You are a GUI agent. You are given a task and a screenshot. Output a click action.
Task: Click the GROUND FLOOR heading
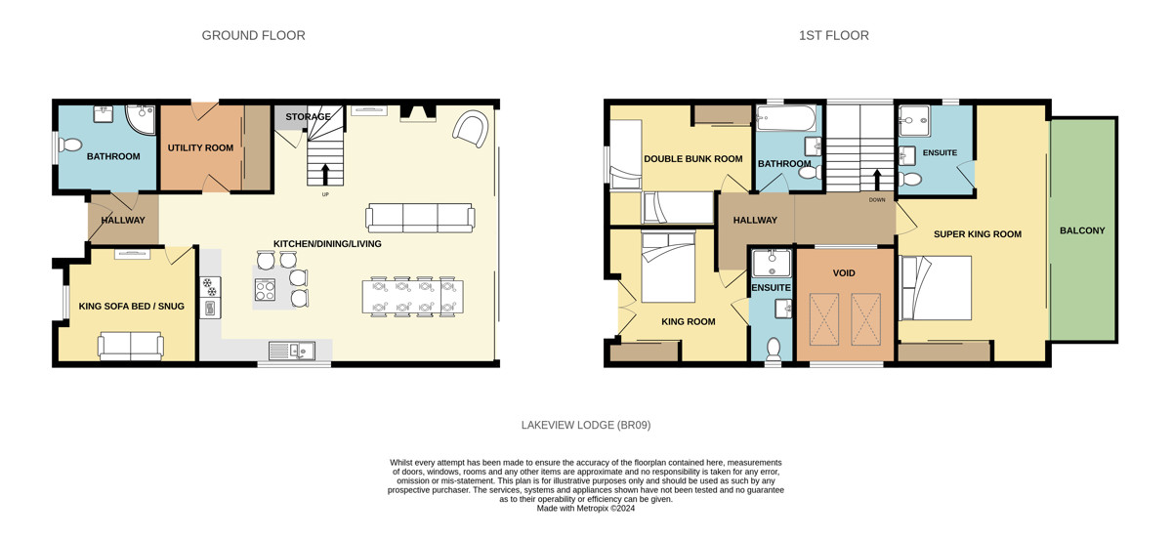point(253,35)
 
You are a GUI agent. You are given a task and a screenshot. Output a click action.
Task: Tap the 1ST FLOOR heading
point(833,35)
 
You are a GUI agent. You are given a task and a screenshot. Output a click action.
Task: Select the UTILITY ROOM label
point(200,148)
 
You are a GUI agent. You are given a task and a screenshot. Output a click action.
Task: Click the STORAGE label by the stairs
point(308,117)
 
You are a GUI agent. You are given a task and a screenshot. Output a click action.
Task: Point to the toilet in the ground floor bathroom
point(69,144)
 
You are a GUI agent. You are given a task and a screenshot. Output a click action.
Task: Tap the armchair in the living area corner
point(471,129)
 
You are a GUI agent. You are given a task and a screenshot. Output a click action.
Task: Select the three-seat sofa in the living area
point(420,218)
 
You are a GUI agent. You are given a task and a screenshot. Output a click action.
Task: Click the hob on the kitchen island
point(265,290)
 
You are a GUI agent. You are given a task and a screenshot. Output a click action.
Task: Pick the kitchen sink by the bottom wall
point(291,351)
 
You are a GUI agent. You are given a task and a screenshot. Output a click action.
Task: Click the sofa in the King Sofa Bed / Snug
point(131,346)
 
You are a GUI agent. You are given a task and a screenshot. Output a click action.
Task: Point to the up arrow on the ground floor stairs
point(325,175)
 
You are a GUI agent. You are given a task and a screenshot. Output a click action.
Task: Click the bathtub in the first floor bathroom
point(786,118)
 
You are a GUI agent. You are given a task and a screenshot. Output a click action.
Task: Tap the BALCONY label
point(1082,230)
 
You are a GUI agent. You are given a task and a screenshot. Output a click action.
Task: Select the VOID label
point(844,273)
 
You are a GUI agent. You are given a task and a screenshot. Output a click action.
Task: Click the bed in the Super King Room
point(936,288)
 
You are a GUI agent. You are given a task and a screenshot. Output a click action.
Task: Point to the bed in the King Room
point(668,268)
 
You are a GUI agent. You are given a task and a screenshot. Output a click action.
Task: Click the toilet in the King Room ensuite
point(773,349)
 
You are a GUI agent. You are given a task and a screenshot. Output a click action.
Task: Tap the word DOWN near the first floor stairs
point(877,200)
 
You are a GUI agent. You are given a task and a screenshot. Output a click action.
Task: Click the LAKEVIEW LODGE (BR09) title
point(586,425)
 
